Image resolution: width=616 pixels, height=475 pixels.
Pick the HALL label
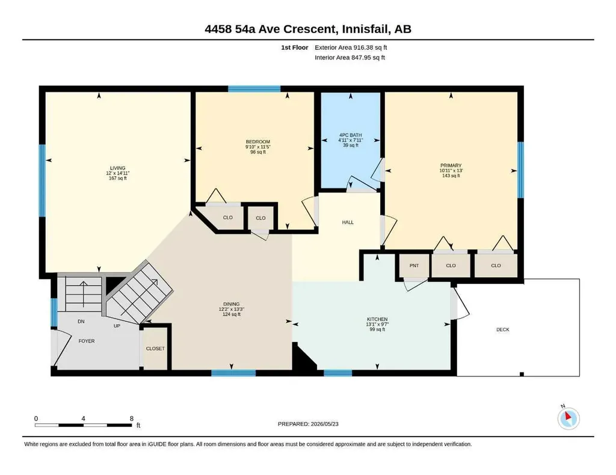click(348, 222)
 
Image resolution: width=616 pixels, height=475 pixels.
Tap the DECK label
click(502, 329)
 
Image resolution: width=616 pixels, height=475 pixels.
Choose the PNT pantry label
click(414, 265)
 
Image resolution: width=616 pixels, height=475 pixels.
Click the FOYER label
click(87, 341)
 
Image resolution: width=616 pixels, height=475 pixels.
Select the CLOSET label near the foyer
click(155, 349)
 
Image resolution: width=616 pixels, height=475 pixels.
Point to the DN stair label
click(81, 322)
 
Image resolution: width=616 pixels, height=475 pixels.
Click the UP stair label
click(117, 326)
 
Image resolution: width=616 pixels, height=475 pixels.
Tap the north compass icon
click(568, 418)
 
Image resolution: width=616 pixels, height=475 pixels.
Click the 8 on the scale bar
click(132, 418)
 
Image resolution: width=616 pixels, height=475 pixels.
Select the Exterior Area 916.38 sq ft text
click(351, 47)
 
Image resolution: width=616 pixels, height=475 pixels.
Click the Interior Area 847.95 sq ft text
click(350, 57)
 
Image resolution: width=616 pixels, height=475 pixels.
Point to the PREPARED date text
click(308, 424)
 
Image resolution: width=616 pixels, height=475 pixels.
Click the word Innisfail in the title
click(364, 29)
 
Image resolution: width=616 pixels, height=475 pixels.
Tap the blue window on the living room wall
click(42, 180)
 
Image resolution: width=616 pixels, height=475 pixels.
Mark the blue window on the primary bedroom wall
click(520, 170)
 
